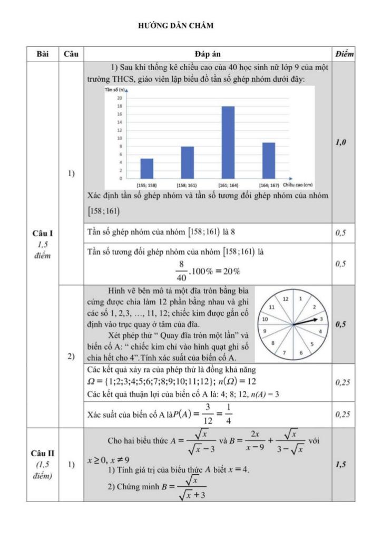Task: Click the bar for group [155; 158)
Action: pos(147,168)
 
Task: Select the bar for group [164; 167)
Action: pos(268,160)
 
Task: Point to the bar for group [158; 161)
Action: pos(187,162)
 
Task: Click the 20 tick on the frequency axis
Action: pos(120,98)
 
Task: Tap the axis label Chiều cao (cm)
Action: pos(298,185)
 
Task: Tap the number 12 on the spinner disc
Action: pos(287,299)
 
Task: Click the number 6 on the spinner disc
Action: pos(301,352)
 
